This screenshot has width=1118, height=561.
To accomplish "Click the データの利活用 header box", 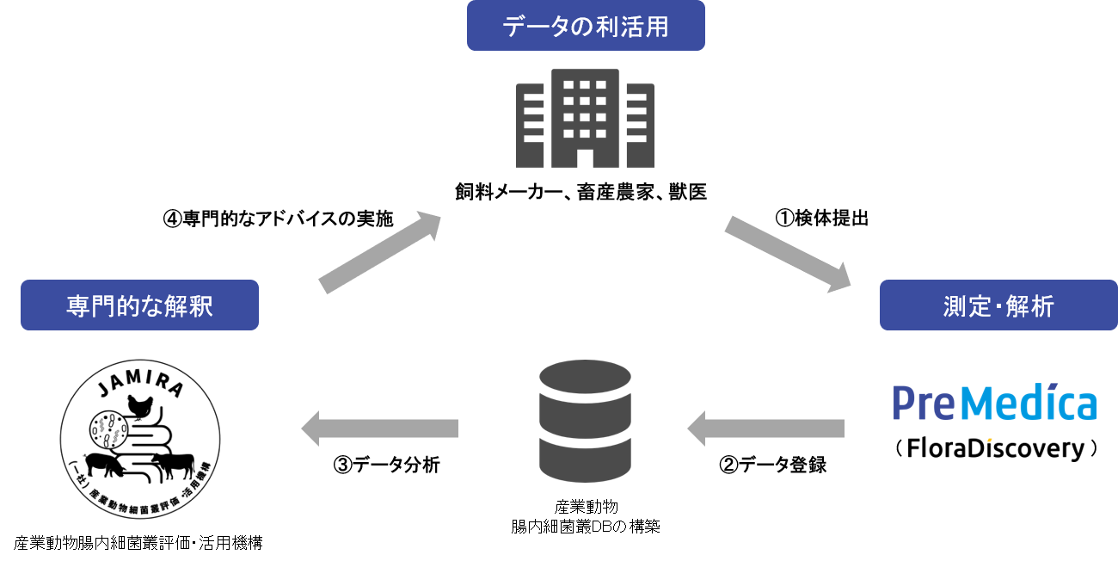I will [x=585, y=26].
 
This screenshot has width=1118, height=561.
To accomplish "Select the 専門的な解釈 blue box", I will [x=139, y=305].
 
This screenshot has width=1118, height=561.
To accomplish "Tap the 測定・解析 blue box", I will [x=998, y=305].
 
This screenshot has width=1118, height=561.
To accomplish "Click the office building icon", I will [x=585, y=118].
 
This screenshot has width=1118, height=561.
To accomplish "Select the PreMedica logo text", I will [x=994, y=404].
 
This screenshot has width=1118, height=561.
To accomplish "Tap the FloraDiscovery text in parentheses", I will [x=997, y=448].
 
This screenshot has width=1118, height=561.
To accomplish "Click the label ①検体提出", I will [x=822, y=219].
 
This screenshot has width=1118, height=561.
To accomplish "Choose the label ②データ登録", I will [x=773, y=465].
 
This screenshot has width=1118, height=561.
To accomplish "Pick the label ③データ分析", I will [x=386, y=465].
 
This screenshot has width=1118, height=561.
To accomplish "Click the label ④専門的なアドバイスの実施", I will [x=278, y=219].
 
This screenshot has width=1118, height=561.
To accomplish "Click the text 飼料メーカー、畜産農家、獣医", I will [x=580, y=192].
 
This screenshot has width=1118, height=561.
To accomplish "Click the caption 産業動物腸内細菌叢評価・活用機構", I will [x=138, y=543].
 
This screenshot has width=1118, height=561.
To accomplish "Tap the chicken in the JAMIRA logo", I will [x=138, y=404].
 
